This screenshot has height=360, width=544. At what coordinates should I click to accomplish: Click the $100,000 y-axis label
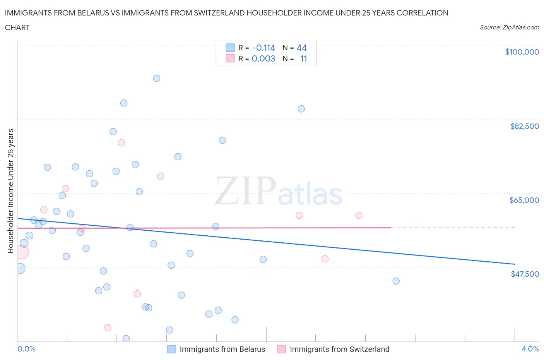[522, 52]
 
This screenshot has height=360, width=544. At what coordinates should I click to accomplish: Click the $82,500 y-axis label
[524, 126]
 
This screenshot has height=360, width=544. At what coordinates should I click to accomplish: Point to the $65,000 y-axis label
[524, 200]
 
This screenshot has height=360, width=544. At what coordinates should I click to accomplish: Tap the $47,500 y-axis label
[525, 274]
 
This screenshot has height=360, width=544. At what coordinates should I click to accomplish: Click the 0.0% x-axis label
[26, 349]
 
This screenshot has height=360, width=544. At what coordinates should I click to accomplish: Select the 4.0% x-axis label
[530, 349]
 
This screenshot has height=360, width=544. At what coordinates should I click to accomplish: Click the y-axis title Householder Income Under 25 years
[10, 191]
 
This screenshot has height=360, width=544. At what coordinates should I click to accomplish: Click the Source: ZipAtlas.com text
[509, 27]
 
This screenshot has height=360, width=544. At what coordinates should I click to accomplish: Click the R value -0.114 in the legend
[263, 48]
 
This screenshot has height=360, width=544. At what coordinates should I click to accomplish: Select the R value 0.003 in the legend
[263, 58]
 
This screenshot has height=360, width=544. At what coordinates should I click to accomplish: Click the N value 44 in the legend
[301, 48]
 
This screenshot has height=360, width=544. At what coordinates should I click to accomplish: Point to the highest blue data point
[157, 78]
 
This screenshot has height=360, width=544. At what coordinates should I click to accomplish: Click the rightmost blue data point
[396, 281]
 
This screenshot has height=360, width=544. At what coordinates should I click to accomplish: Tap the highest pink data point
[121, 143]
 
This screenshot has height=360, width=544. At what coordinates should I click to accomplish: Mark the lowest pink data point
[108, 327]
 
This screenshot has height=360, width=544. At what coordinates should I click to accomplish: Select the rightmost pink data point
[359, 215]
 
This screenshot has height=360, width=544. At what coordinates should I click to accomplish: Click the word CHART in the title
[17, 27]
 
